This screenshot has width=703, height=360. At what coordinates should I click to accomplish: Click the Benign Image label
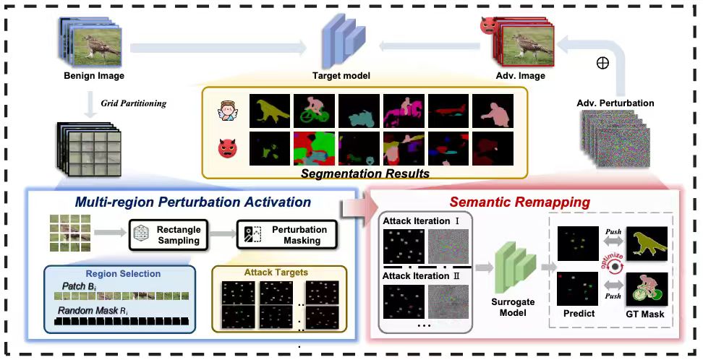click(x=94, y=75)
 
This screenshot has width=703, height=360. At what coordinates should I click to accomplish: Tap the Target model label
click(x=341, y=75)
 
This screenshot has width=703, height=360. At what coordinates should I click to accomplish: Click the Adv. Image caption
click(x=521, y=75)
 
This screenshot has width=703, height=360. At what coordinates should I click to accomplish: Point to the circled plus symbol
click(x=602, y=63)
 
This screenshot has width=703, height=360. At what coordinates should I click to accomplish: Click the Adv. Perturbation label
click(x=615, y=103)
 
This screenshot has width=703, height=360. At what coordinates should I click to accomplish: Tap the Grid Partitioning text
click(x=133, y=103)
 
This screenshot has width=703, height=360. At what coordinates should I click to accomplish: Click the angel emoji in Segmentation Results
click(x=228, y=111)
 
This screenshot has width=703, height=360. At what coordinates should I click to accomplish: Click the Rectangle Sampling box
click(x=169, y=235)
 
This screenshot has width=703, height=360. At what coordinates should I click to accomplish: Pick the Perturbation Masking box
click(x=286, y=235)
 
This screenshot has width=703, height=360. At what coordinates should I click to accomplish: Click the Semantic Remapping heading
click(x=519, y=202)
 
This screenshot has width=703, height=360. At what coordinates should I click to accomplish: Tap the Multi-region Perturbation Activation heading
click(x=193, y=202)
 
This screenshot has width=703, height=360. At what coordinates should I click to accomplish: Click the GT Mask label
click(x=645, y=314)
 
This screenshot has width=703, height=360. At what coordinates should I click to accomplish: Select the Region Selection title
click(x=123, y=274)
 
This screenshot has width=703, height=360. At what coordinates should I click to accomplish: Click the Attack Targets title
click(x=276, y=272)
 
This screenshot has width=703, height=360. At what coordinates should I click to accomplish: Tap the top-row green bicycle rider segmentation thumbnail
click(x=314, y=111)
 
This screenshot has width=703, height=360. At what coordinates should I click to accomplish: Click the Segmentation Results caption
click(x=365, y=173)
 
